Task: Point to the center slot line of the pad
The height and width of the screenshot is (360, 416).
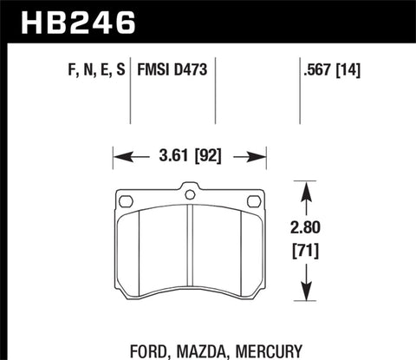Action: (x=189, y=252)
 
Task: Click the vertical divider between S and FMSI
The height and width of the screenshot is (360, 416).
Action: (x=130, y=87)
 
